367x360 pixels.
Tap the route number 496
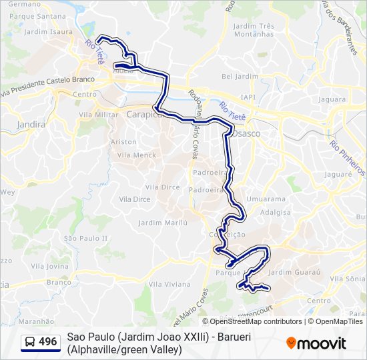click(48, 342)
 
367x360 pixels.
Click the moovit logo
click(316, 343)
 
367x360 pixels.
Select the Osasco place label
click(246, 133)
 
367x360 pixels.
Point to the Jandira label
click(32, 124)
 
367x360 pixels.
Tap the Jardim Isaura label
click(48, 31)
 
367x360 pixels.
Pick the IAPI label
click(248, 97)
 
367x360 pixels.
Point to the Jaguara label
click(332, 99)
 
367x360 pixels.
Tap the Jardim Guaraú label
click(294, 272)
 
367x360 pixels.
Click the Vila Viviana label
click(169, 284)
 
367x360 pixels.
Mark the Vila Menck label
click(136, 155)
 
